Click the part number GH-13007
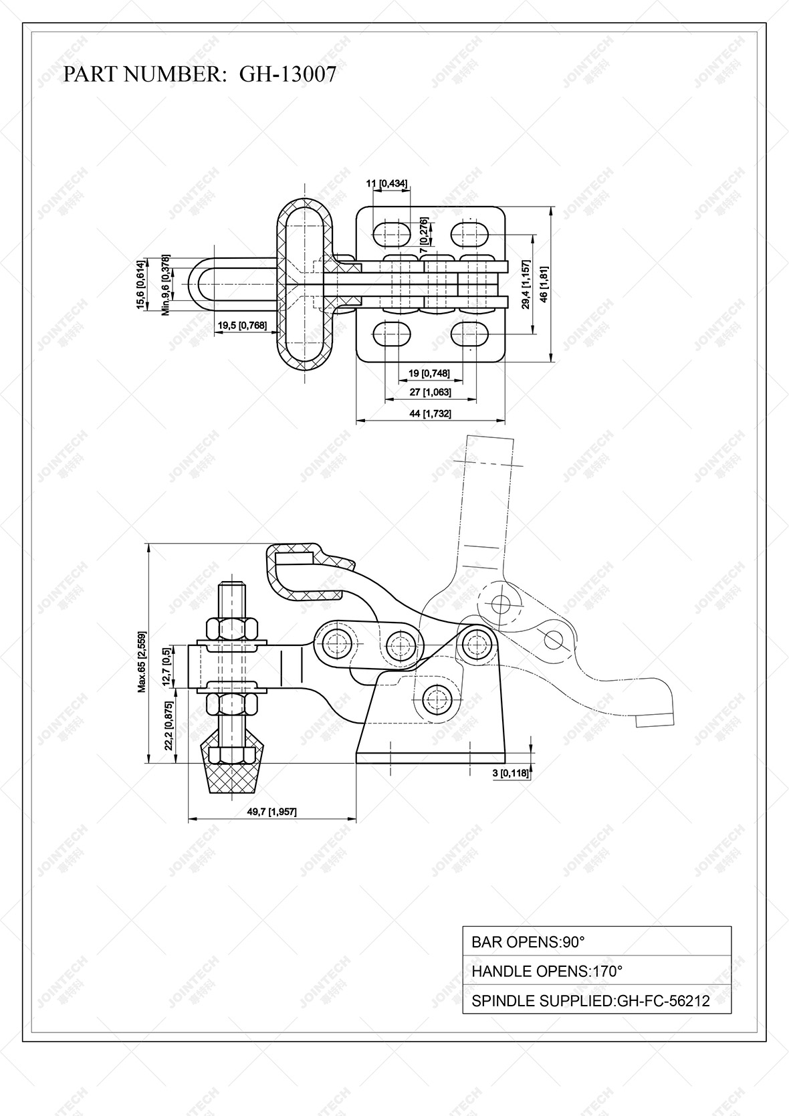point(288,74)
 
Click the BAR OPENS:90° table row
point(596,942)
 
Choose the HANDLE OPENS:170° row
point(596,971)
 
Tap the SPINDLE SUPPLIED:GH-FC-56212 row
point(596,1000)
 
